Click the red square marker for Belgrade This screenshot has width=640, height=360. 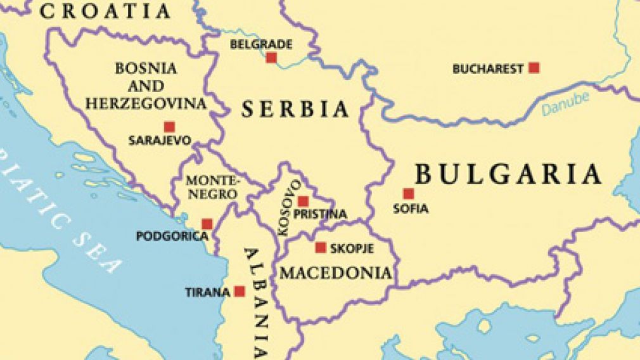[x=271, y=58]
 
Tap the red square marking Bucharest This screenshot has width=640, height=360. [x=534, y=68]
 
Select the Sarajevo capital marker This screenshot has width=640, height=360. [x=169, y=127]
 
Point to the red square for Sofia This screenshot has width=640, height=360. [x=409, y=194]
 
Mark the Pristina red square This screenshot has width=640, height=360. [x=304, y=201]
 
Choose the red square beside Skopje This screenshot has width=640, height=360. [x=321, y=248]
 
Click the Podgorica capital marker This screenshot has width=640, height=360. [x=207, y=224]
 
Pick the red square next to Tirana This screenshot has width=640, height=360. [x=240, y=292]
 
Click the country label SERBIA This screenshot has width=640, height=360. [x=295, y=109]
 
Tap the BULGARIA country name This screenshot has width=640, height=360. [x=508, y=174]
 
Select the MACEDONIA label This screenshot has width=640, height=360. [x=336, y=273]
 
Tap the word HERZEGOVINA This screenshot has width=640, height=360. [x=146, y=103]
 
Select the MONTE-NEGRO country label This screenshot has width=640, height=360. [x=212, y=187]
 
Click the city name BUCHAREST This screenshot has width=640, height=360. [x=488, y=69]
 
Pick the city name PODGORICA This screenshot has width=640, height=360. [x=172, y=236]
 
